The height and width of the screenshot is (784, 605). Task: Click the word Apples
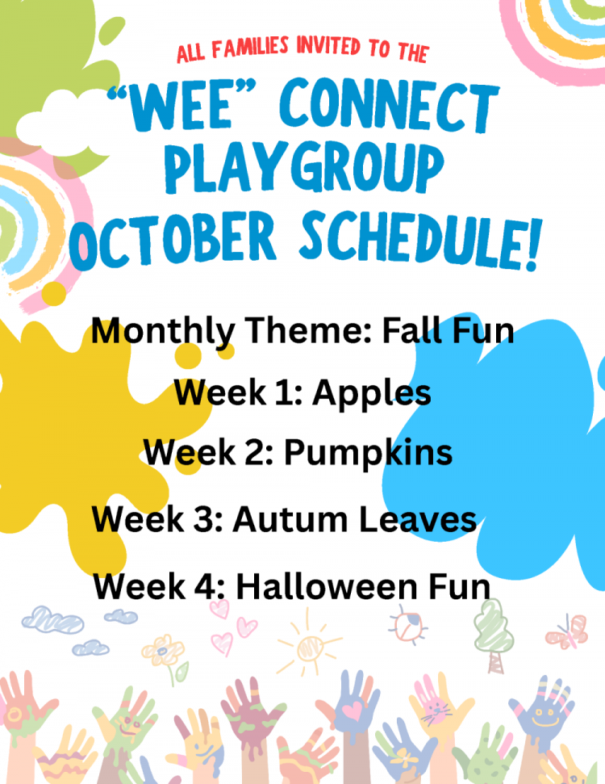(x=372, y=394)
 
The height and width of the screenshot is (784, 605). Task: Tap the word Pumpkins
(x=368, y=452)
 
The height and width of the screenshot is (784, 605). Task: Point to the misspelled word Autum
(x=290, y=519)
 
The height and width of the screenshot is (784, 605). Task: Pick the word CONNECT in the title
(x=390, y=106)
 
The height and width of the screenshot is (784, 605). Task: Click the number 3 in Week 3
(x=206, y=519)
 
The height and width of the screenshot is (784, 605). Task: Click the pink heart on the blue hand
(x=353, y=710)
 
